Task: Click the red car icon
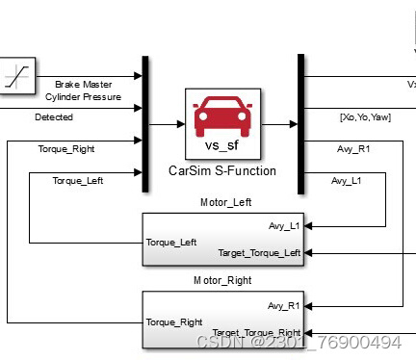[221, 118]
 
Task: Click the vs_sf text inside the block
[221, 148]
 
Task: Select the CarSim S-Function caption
[221, 171]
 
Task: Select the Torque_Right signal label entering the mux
[66, 149]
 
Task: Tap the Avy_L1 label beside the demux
[347, 180]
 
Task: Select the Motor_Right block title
[223, 282]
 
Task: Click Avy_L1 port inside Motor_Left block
[284, 226]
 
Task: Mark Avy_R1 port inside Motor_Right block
[284, 305]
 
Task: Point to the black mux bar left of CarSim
[144, 123]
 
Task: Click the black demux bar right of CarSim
[300, 123]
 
